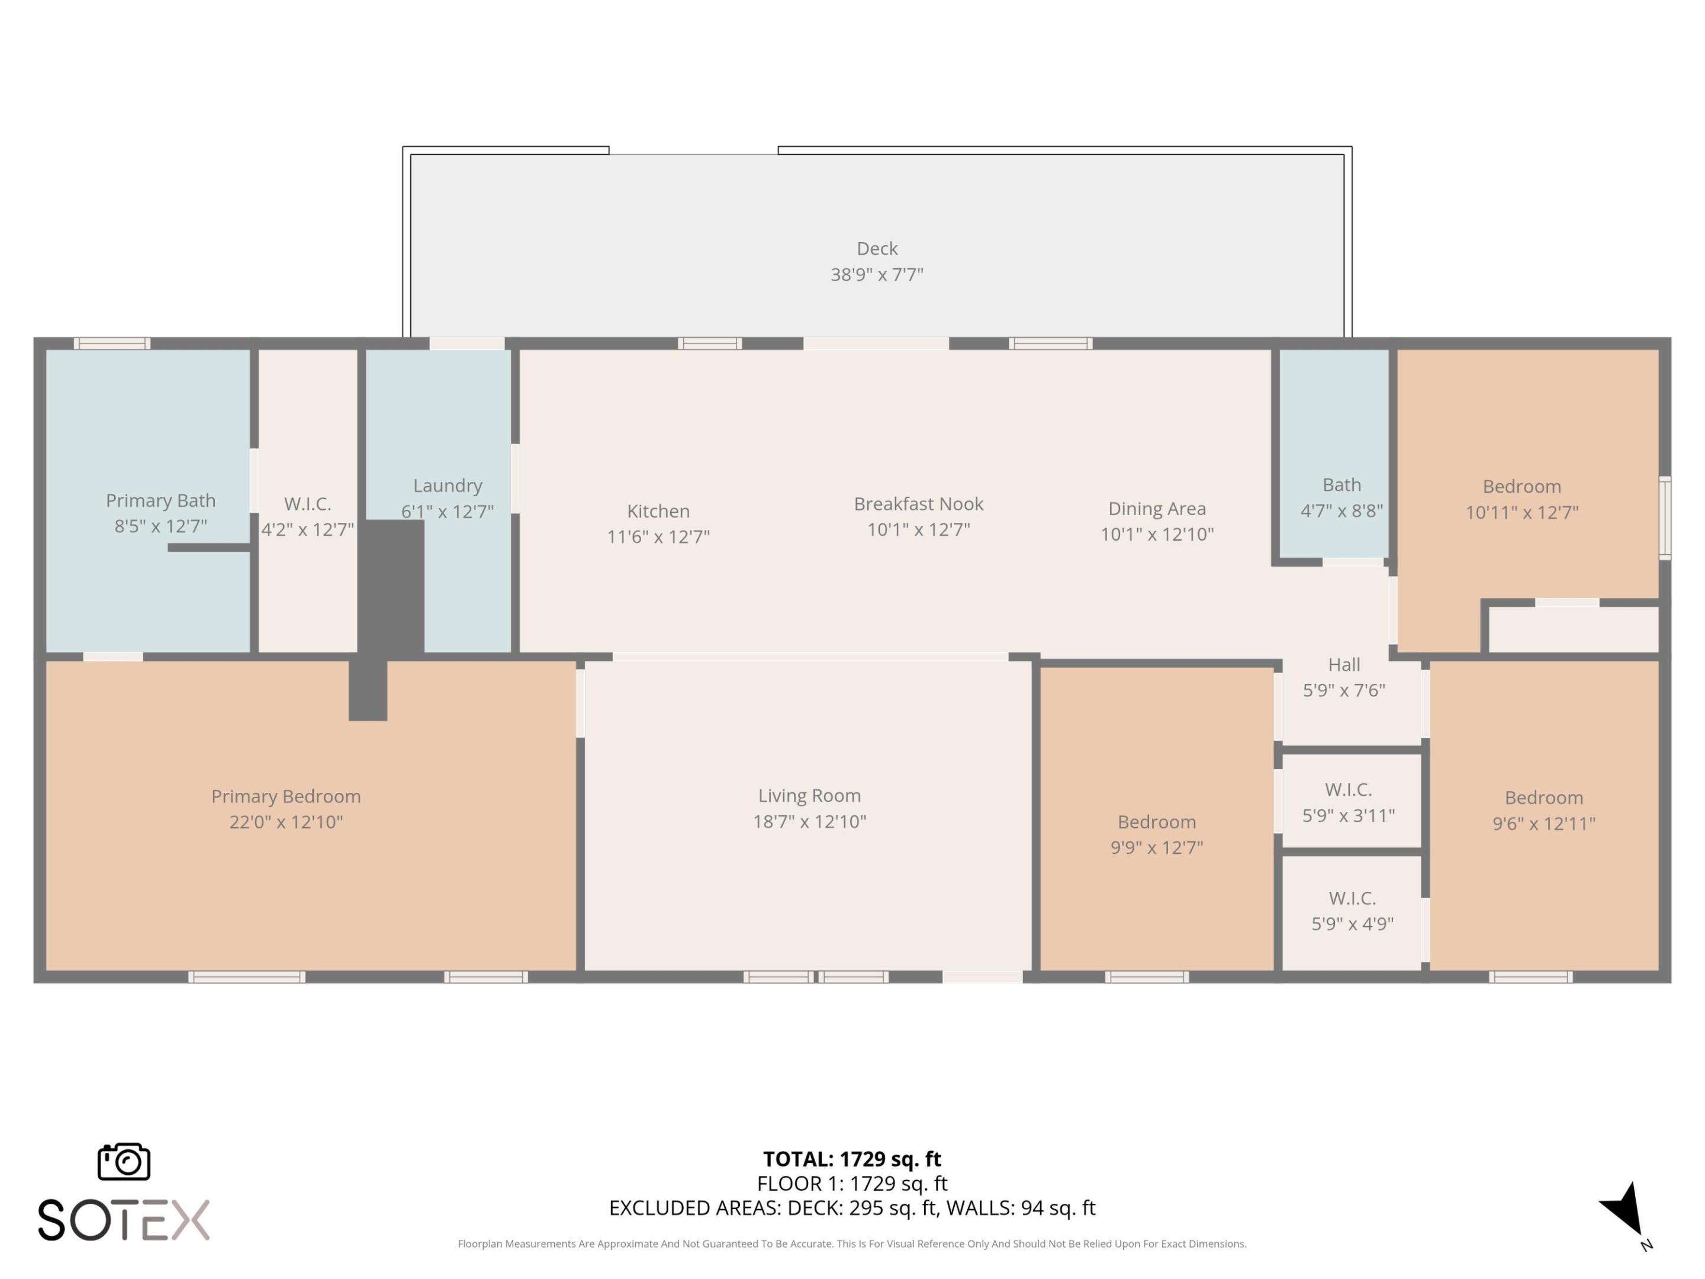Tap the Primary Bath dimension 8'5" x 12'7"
pos(160,526)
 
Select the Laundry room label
pos(447,486)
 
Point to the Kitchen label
pos(658,511)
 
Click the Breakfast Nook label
pos(918,504)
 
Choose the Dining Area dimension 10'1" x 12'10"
pos(1156,534)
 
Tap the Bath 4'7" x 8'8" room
pos(1341,497)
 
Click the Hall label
pos(1343,664)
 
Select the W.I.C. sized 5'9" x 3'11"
pos(1348,802)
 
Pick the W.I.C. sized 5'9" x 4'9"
pos(1352,911)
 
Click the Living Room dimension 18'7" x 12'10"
pos(809,821)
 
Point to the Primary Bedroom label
pos(286,796)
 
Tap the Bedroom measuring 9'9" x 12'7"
pos(1156,834)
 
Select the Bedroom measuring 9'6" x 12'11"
pos(1543,810)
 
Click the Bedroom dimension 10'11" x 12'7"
pos(1521,512)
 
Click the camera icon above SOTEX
pos(123,1161)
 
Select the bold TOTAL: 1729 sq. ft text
pos(852,1159)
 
